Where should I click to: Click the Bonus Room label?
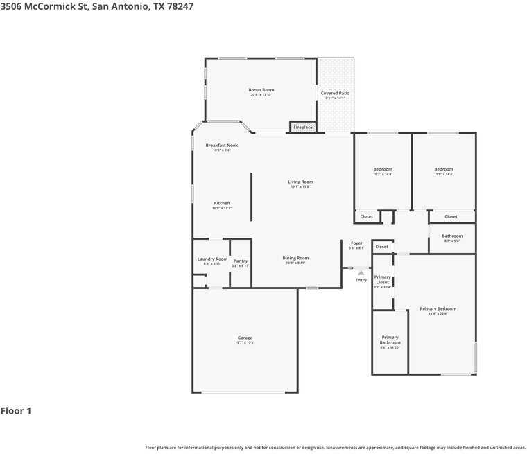(261, 90)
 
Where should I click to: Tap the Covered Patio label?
(335, 93)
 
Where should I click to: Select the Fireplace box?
(303, 128)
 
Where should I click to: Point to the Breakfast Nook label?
(222, 146)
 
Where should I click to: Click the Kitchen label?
(222, 203)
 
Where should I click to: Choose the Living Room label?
(301, 182)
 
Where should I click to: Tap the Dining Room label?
(296, 259)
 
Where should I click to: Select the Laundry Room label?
(212, 259)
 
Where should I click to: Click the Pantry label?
(241, 261)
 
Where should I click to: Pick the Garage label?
(245, 338)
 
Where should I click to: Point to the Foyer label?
(356, 243)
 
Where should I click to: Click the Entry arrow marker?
(361, 273)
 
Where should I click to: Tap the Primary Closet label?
(383, 279)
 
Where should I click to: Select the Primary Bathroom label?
(390, 340)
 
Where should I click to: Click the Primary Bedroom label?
(438, 309)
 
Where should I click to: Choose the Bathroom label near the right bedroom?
(452, 236)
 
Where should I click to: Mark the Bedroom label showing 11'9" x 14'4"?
(444, 170)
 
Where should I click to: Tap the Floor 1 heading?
(16, 411)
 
